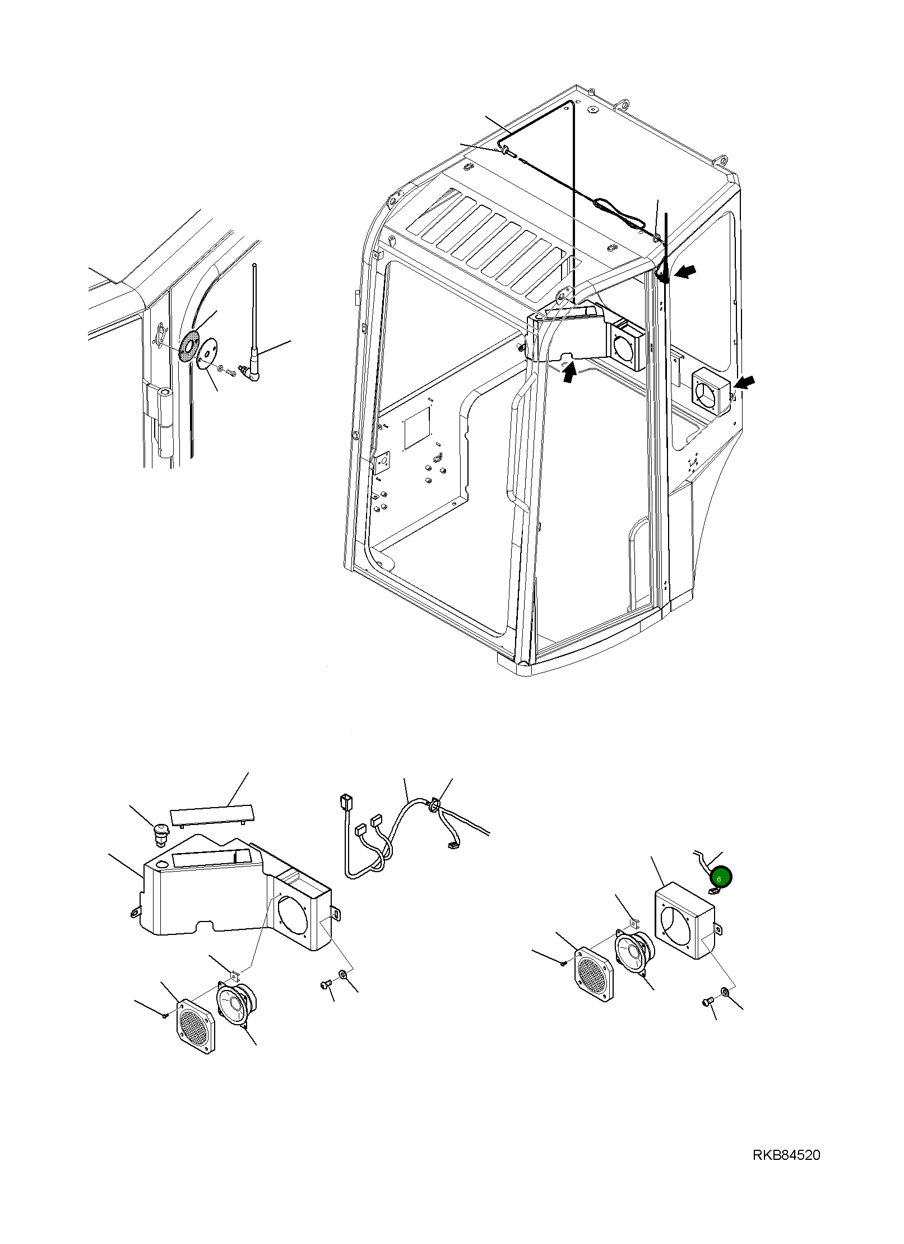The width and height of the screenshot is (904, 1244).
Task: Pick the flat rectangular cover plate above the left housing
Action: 213,815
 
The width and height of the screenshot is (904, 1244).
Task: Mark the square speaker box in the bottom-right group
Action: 684,920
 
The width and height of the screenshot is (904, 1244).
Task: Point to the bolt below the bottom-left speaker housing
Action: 326,984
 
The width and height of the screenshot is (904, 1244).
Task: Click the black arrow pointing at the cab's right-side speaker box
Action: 745,383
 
